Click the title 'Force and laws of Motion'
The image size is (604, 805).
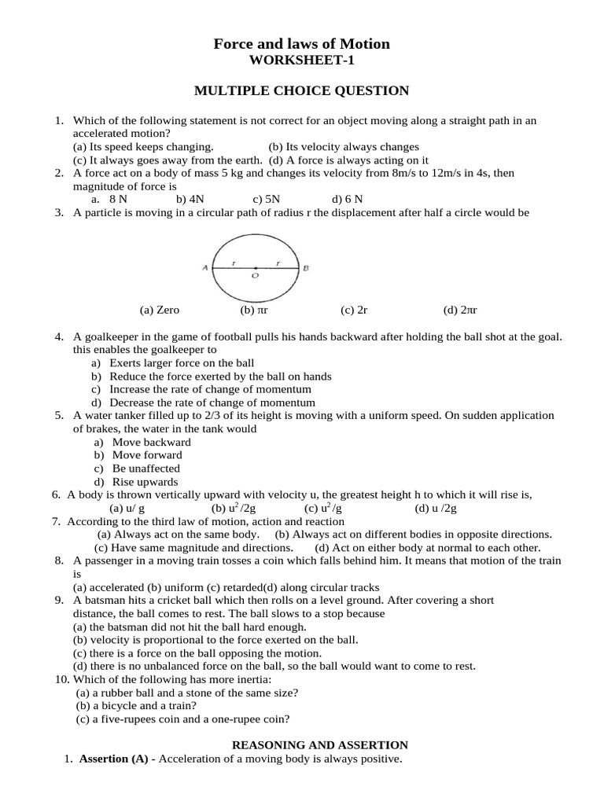[x=302, y=44]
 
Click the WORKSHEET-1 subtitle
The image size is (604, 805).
[x=302, y=61]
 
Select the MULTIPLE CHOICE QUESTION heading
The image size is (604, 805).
[x=302, y=91]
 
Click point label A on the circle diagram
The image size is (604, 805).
[x=204, y=268]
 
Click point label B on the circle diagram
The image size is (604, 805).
[x=306, y=268]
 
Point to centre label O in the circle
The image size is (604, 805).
[x=254, y=277]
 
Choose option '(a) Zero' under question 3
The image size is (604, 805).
[x=159, y=311]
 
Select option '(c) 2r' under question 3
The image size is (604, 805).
[x=354, y=311]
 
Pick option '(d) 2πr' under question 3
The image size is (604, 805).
[x=460, y=311]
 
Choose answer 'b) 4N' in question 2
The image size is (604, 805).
[x=190, y=200]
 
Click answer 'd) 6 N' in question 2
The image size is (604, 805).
[x=347, y=200]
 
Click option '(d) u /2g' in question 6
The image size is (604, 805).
[x=436, y=509]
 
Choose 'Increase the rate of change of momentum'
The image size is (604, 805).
[x=210, y=389]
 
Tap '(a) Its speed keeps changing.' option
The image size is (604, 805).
[x=142, y=147]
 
